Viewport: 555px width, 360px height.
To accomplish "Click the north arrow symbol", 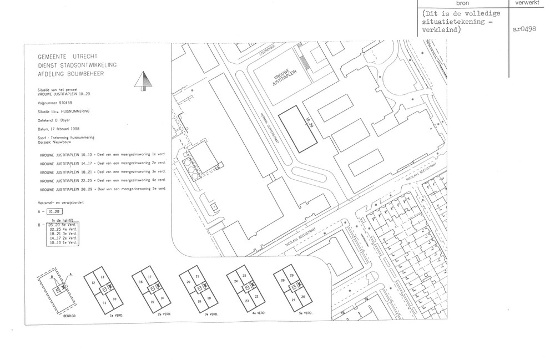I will (x=143, y=81).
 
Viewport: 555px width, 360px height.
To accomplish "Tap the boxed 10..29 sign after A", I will (x=55, y=211).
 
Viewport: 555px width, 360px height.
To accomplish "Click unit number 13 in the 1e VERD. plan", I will (x=103, y=276).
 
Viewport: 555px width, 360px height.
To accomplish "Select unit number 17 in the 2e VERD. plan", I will (x=150, y=276).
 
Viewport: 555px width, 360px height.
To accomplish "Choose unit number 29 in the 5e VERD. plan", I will (x=292, y=276).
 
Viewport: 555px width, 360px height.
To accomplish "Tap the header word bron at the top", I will (x=462, y=3).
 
